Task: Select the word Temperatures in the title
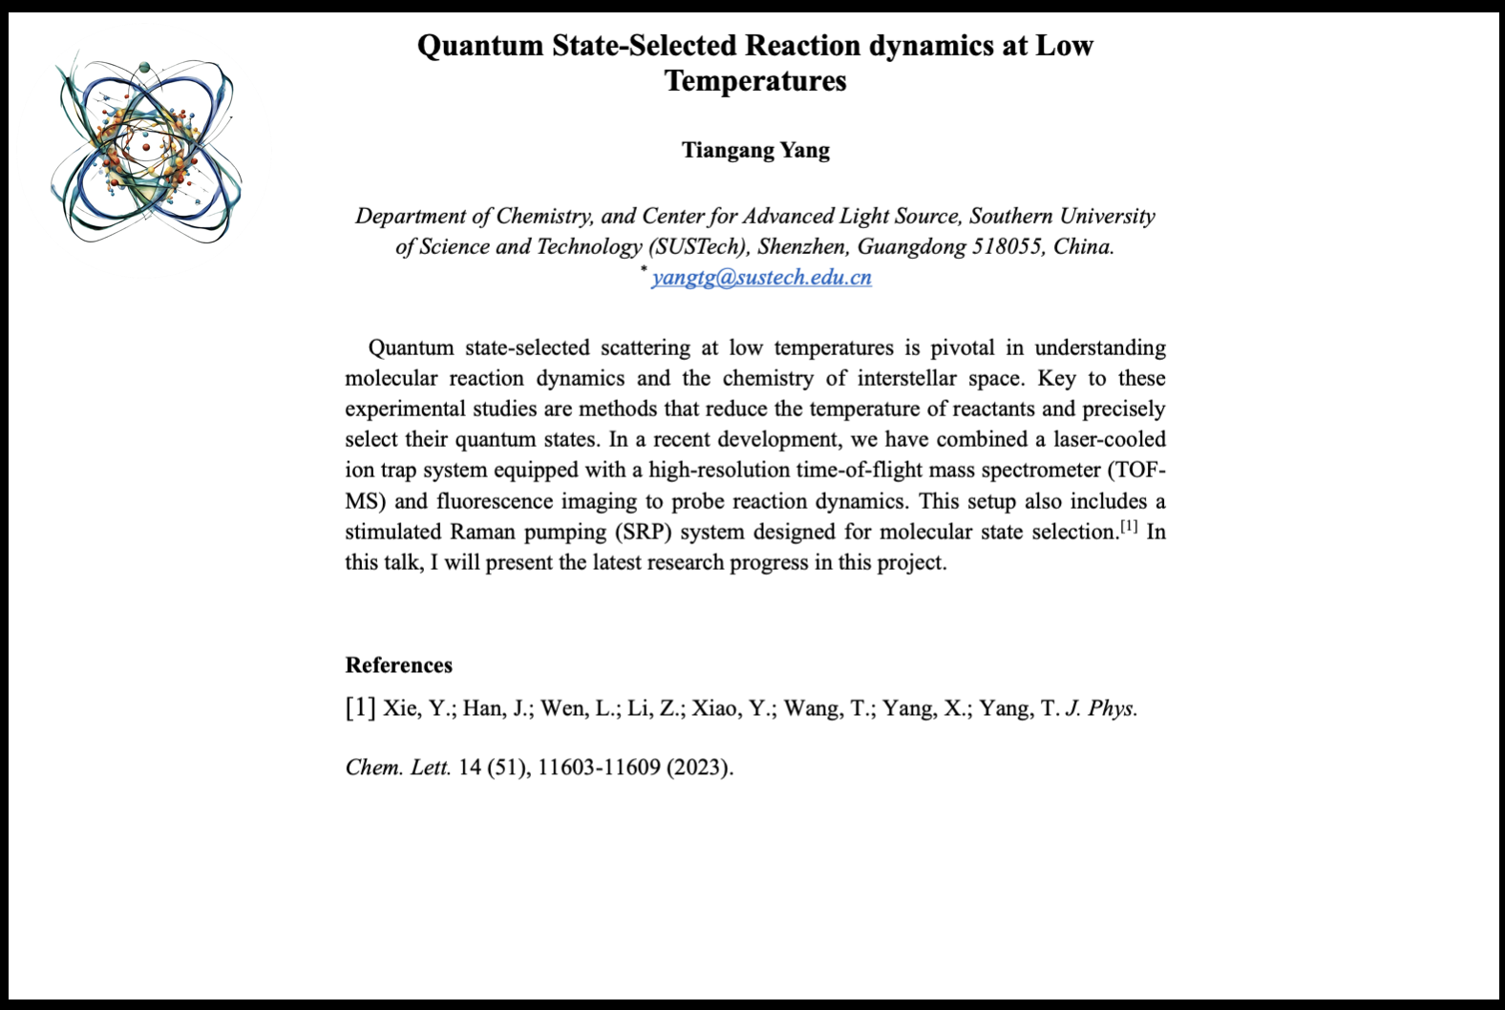[755, 81]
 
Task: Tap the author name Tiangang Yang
[755, 150]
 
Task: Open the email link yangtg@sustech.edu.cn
[761, 278]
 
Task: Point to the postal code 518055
[1007, 247]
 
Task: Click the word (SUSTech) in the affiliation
[699, 247]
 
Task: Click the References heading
[398, 665]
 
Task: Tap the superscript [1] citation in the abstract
[1129, 526]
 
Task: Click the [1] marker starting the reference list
[360, 708]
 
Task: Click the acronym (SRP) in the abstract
[643, 532]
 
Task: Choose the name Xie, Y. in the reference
[417, 708]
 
